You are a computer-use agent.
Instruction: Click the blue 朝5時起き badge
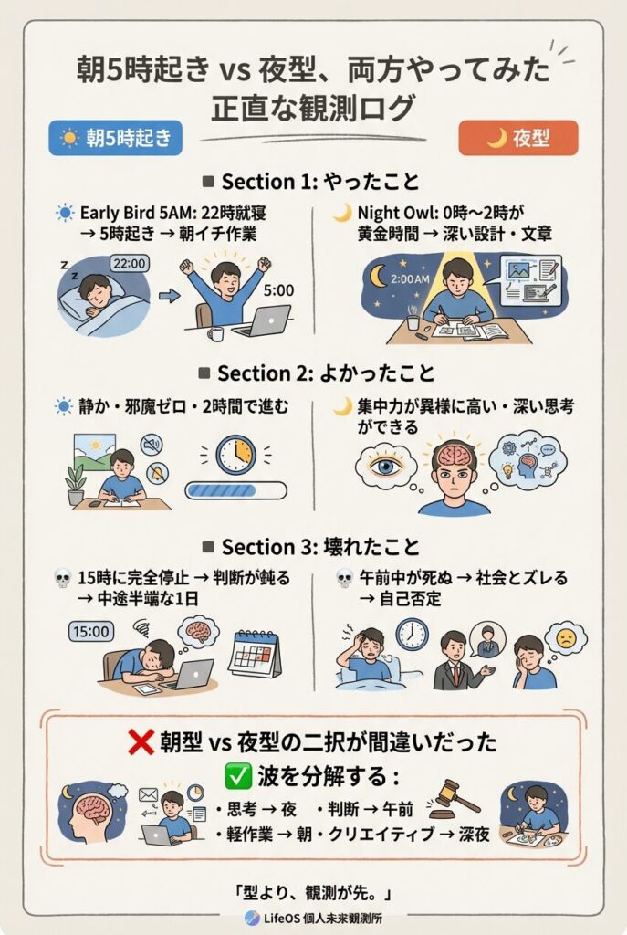coord(116,138)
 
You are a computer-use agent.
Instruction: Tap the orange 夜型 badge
coord(517,138)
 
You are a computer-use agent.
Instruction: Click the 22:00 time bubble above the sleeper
coord(129,264)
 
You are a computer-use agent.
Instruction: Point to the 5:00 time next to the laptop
coord(279,290)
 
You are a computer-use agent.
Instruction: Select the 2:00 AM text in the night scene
coord(410,278)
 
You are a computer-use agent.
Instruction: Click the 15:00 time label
coord(91,632)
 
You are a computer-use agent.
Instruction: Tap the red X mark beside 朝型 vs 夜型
coord(141,742)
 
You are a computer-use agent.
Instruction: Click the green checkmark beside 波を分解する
coord(238,776)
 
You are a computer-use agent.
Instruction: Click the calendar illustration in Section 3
coord(255,654)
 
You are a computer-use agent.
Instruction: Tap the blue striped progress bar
coord(236,490)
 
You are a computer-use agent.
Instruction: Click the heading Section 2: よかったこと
coord(317,373)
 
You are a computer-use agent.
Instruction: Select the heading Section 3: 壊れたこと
coord(312,547)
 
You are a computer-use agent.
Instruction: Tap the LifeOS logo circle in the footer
coord(252,918)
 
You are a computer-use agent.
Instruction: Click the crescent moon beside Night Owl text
coord(342,213)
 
